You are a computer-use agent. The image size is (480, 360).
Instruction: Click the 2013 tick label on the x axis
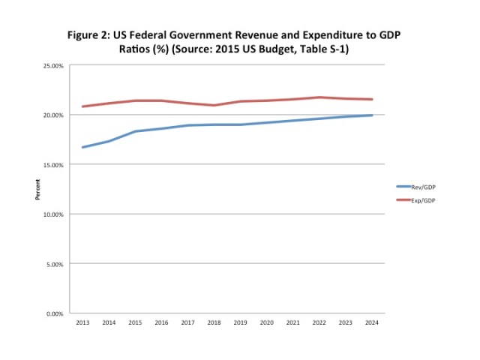click(x=82, y=322)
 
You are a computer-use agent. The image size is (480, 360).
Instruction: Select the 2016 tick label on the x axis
click(x=161, y=322)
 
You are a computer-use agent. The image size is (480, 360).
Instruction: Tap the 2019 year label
click(x=240, y=322)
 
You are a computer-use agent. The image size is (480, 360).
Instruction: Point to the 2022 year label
click(x=319, y=322)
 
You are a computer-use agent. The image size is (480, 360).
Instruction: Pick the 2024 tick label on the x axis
click(x=371, y=322)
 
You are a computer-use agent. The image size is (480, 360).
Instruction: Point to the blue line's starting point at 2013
click(x=82, y=147)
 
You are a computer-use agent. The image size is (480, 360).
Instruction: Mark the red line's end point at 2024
click(x=371, y=99)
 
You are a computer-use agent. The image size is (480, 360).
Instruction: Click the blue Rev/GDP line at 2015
click(x=135, y=131)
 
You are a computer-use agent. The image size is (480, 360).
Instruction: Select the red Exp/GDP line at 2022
click(x=319, y=97)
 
